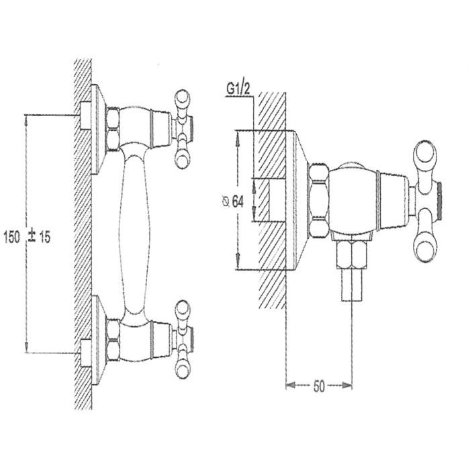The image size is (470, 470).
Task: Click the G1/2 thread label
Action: tap(238, 89)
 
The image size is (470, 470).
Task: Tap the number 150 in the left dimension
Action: tap(11, 237)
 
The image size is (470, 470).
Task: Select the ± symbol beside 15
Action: tap(32, 236)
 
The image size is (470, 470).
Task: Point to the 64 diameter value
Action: tap(238, 201)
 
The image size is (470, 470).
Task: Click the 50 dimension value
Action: tap(319, 386)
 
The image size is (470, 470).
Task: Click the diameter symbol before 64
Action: tap(226, 202)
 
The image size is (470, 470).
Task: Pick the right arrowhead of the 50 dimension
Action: tap(347, 385)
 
